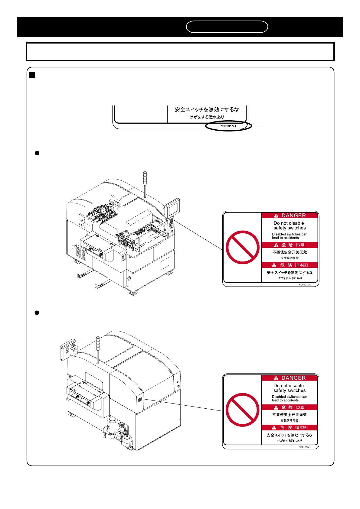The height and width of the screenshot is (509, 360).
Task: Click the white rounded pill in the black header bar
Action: pos(227,27)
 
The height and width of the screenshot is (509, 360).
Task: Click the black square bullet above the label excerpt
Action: pos(32,75)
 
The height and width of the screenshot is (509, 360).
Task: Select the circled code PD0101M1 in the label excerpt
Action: pos(228,126)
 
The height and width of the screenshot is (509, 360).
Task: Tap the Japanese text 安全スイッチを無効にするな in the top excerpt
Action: pos(207,110)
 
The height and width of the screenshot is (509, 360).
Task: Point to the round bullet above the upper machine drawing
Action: pos(37,153)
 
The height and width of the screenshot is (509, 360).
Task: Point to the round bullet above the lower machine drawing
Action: pos(37,313)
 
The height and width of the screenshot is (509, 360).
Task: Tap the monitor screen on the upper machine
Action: pos(172,209)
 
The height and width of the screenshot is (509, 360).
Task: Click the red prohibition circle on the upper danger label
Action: pos(243,247)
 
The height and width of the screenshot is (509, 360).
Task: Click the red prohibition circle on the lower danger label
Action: pos(243,410)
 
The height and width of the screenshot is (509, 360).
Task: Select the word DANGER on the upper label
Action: pos(293,216)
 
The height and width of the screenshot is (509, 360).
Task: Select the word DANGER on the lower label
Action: pos(293,378)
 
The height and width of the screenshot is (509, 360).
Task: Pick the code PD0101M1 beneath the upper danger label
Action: pos(305,285)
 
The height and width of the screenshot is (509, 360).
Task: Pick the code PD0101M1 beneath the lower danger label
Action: pos(305,447)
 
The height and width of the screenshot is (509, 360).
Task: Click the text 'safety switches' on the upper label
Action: pos(290,228)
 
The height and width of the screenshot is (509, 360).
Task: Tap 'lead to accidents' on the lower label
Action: pos(285,400)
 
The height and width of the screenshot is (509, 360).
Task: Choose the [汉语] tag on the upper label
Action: pos(301,245)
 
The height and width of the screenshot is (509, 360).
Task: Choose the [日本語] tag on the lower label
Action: pos(301,428)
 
